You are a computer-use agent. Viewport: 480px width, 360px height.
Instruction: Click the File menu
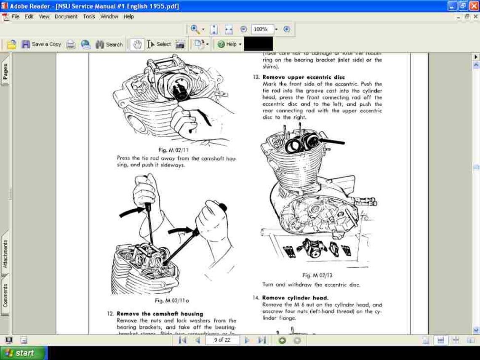tap(15, 16)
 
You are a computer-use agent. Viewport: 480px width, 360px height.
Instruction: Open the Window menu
tap(109, 16)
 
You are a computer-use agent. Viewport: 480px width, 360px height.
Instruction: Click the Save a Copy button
tap(41, 44)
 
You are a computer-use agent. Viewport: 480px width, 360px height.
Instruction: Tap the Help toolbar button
tap(229, 44)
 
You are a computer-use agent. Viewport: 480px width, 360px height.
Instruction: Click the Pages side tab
tap(5, 72)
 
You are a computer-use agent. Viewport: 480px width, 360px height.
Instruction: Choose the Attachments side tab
tap(5, 254)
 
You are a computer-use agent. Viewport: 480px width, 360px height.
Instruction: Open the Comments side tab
tap(5, 294)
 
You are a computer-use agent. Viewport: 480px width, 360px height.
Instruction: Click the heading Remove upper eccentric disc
tap(303, 77)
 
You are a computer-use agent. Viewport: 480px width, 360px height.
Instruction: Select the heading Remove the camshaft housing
tap(160, 314)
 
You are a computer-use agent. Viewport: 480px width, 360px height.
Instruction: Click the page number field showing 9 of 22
tap(222, 340)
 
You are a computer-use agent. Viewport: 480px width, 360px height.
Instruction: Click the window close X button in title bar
tap(473, 6)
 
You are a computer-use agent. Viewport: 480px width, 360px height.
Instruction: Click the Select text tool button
tap(159, 44)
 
